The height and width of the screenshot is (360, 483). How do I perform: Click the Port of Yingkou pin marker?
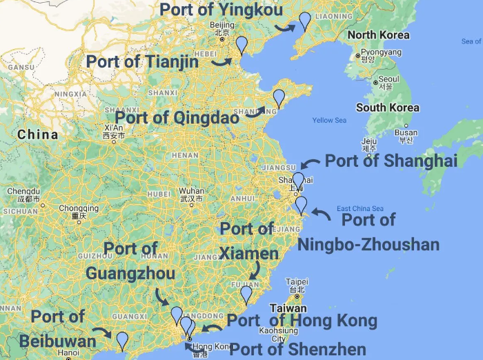[x=304, y=21]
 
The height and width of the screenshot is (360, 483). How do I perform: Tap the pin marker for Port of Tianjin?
[x=241, y=45]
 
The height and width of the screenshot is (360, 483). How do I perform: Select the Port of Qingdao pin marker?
[x=279, y=98]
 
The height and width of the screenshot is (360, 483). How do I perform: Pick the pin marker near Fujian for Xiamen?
[x=246, y=294]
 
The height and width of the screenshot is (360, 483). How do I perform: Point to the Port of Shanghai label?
[x=391, y=161]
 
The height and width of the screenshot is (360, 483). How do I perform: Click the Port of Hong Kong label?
[x=302, y=321]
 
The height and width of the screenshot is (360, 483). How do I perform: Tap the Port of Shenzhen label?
[x=297, y=349]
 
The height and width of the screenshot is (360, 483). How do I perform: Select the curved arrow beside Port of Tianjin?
[x=221, y=61]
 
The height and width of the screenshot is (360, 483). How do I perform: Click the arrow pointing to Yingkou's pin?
[x=283, y=27]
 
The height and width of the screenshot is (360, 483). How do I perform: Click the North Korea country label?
[x=378, y=35]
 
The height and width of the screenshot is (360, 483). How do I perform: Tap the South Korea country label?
[x=387, y=108]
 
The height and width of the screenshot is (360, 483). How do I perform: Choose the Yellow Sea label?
[x=329, y=121]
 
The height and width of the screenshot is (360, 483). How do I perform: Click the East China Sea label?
[x=359, y=209]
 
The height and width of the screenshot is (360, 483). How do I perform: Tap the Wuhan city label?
[x=191, y=191]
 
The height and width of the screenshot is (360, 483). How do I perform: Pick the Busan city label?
[x=405, y=132]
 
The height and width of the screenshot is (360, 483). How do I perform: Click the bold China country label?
[x=38, y=134]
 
